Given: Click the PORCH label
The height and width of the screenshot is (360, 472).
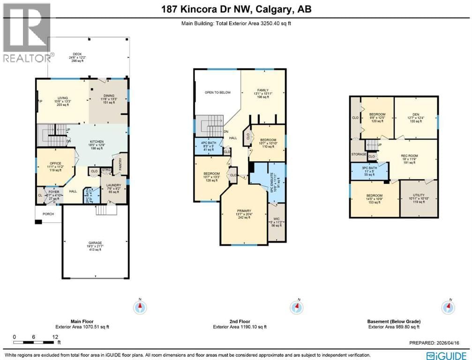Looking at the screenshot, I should coord(48,214).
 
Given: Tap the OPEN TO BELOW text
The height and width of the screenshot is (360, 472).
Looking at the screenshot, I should coord(217,92).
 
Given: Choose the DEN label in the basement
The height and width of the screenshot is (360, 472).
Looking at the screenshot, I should coord(416,114).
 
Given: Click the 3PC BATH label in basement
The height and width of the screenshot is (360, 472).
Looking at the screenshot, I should coord(369,170).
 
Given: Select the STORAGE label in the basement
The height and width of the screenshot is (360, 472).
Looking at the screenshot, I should coord(359,154).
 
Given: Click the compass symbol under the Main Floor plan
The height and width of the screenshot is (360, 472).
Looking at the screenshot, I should coord(140,307).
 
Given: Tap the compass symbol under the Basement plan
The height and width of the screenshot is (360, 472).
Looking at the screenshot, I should coord(449,307).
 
